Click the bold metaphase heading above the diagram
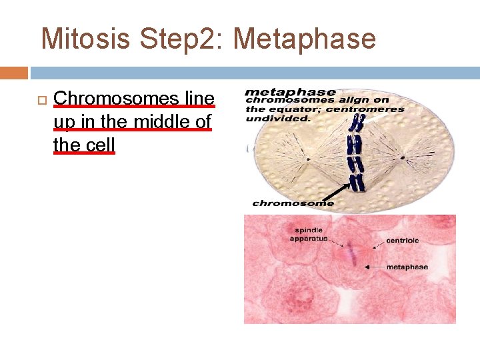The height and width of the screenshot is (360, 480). (290, 92)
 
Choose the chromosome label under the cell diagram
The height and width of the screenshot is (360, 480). (293, 203)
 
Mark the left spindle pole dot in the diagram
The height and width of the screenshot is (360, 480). (308, 159)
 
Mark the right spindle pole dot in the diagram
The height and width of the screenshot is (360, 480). (403, 159)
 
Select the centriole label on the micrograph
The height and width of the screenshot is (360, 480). (403, 240)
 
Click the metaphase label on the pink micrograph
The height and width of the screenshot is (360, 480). (407, 267)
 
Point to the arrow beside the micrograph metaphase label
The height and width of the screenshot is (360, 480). (373, 267)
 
